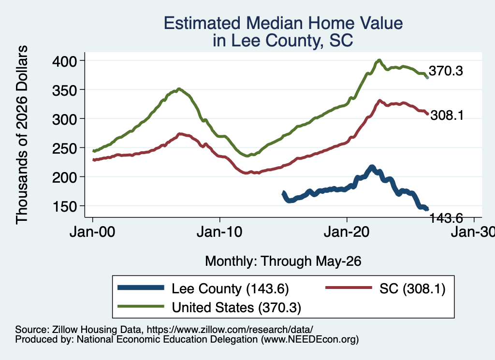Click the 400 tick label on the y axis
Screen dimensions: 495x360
(64, 61)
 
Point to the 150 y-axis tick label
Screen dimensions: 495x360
(64, 206)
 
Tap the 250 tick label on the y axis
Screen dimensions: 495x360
(64, 148)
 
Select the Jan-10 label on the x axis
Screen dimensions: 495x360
(219, 232)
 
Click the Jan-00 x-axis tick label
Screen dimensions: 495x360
(92, 232)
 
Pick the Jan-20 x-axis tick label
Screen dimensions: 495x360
(347, 232)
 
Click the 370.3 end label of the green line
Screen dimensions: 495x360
(446, 71)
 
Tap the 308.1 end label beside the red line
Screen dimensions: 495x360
(447, 115)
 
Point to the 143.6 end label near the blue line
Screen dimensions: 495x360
(446, 218)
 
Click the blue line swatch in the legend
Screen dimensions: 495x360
(141, 288)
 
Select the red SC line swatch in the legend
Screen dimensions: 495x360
(349, 288)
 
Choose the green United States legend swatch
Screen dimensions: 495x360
(141, 306)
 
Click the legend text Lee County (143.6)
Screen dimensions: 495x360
(230, 288)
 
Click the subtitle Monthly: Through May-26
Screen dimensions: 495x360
(283, 261)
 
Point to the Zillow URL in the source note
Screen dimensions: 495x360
(230, 330)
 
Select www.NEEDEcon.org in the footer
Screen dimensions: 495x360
(309, 340)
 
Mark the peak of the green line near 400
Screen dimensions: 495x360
(379, 60)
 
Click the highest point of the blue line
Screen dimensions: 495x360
(372, 167)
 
